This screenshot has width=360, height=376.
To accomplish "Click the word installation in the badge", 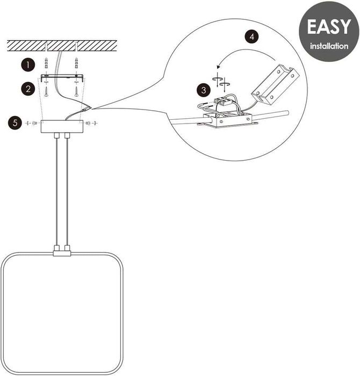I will (328, 46).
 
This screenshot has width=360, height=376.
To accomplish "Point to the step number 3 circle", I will (203, 89).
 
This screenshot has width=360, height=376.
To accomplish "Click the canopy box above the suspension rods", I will (62, 125).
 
